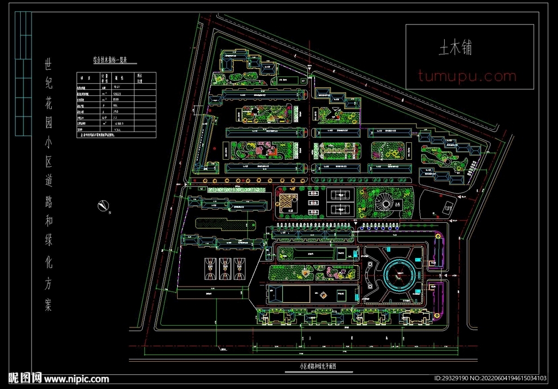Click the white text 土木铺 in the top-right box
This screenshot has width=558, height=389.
(x=456, y=48)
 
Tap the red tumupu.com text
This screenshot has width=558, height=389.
(x=467, y=76)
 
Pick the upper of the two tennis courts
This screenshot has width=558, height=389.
(x=341, y=194)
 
